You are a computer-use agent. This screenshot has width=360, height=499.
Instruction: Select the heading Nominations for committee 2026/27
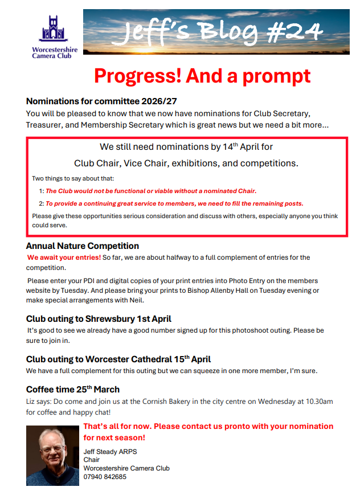(x=101, y=101)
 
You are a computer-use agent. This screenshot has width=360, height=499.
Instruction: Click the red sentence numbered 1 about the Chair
(x=151, y=191)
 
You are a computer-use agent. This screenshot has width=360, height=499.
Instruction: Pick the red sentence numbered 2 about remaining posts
(x=174, y=203)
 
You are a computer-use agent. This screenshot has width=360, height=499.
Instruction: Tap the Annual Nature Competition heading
(x=83, y=246)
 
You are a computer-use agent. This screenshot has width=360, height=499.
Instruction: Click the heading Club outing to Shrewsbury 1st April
(x=99, y=319)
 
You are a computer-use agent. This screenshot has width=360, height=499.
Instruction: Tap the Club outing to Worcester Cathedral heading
(x=118, y=359)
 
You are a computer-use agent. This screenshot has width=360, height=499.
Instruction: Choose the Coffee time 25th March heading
(x=73, y=390)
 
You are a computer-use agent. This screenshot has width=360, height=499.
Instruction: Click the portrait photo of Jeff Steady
(x=53, y=455)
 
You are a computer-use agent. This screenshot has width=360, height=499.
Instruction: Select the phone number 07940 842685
(x=105, y=476)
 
